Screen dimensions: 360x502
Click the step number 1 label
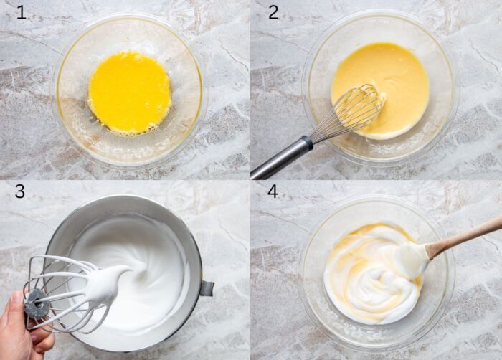pyautogui.click(x=21, y=12)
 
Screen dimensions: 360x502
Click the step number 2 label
pyautogui.click(x=273, y=12)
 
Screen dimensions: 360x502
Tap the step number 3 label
pyautogui.click(x=20, y=191)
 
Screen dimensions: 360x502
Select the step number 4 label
pyautogui.click(x=273, y=191)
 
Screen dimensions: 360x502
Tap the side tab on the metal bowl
pyautogui.click(x=207, y=288)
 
